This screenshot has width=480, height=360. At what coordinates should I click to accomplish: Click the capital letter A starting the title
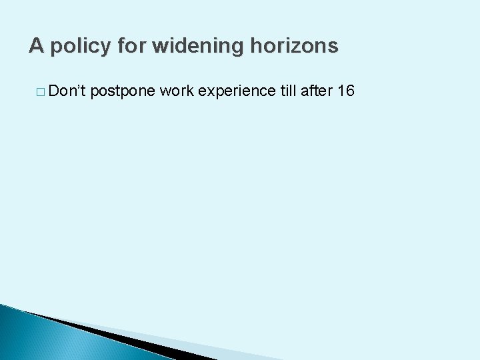point(36,46)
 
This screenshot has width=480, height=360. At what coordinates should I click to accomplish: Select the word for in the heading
point(129,46)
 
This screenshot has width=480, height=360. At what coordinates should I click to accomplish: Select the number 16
point(346,91)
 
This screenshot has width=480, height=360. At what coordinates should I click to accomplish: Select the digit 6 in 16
point(350,91)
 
